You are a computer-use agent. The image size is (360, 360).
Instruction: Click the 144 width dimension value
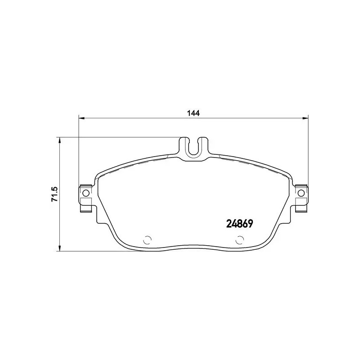click(193, 113)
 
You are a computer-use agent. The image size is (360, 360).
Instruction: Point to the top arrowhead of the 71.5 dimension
click(59, 140)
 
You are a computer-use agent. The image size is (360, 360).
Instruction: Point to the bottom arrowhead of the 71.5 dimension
click(59, 248)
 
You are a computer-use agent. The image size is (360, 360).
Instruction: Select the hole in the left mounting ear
click(86, 193)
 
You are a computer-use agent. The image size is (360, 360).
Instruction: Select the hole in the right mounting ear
click(301, 193)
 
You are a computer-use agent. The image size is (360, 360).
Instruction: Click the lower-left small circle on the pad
click(147, 240)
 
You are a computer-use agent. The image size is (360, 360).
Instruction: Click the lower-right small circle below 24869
click(238, 240)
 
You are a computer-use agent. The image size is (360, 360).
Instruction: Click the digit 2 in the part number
click(227, 224)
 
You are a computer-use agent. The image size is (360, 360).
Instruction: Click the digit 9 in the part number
click(248, 224)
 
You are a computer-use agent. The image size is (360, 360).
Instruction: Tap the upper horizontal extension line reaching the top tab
click(117, 137)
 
